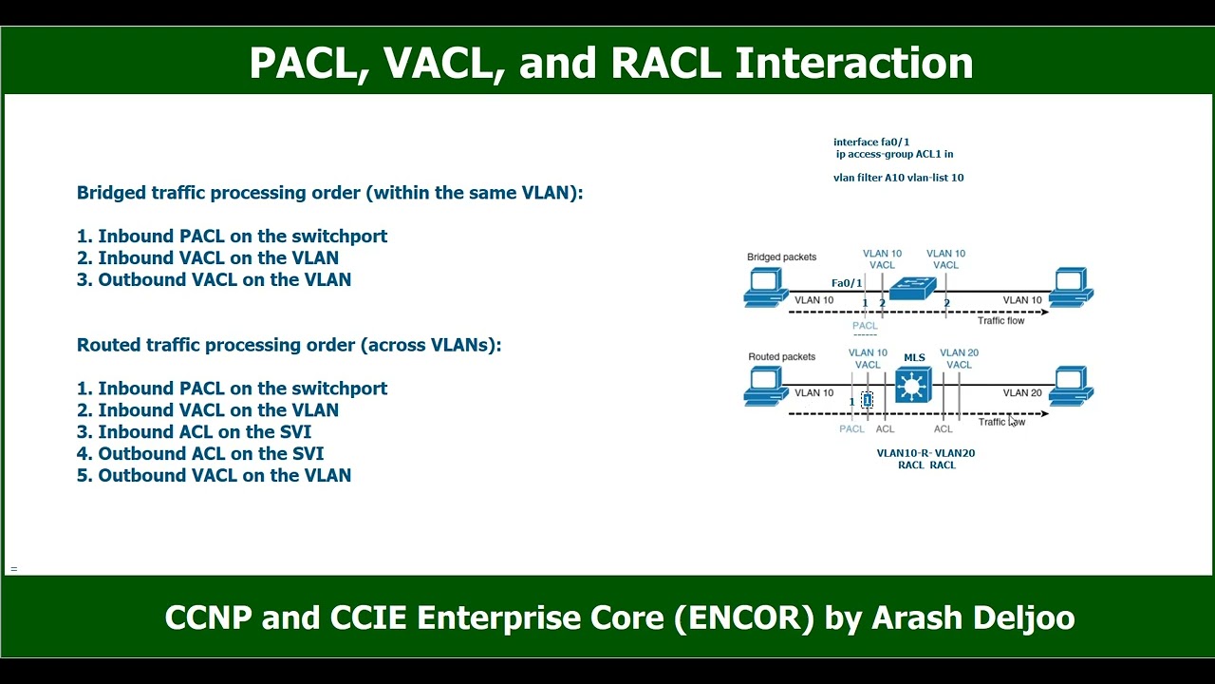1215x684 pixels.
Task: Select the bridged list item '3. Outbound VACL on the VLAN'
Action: click(214, 279)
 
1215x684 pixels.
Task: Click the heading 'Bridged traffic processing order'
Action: click(329, 193)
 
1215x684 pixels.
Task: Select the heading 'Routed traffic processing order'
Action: click(289, 345)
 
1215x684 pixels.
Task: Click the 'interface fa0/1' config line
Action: click(871, 142)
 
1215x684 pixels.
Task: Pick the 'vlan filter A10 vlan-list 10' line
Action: click(898, 178)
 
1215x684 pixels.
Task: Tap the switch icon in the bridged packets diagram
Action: click(913, 288)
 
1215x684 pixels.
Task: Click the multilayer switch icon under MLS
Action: click(913, 386)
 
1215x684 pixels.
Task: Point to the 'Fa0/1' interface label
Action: click(847, 283)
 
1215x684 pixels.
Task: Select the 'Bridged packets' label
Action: click(781, 256)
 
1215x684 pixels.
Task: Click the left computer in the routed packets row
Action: click(764, 386)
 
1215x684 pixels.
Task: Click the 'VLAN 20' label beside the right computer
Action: click(1022, 392)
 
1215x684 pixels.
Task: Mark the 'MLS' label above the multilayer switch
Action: click(914, 358)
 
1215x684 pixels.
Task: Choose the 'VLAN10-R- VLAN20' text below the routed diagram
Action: click(925, 453)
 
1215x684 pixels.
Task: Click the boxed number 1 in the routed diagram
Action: click(867, 401)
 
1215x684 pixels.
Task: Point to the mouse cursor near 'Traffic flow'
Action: click(1013, 421)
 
